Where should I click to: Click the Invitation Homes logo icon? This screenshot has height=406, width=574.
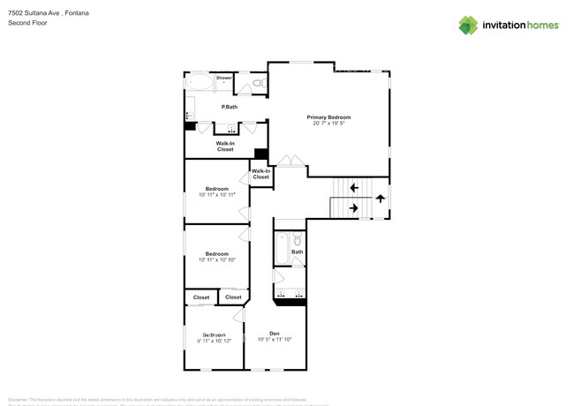[468, 25]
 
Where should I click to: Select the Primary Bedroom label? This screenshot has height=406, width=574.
[329, 117]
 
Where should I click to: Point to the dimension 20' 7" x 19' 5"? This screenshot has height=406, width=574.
[329, 124]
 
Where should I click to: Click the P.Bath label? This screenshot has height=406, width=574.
[229, 107]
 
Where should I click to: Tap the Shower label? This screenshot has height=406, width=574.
[224, 78]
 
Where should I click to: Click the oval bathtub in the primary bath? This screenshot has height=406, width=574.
[200, 83]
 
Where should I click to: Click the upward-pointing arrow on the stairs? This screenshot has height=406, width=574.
[381, 198]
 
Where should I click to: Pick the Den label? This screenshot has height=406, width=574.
[275, 333]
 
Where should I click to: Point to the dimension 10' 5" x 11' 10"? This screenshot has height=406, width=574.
[275, 339]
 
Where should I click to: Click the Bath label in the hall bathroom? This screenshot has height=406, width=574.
[298, 252]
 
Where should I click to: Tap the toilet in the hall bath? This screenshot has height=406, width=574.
[298, 239]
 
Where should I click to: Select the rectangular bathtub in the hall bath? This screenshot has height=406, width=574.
[280, 249]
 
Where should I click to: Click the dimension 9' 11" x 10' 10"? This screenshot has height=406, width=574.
[214, 340]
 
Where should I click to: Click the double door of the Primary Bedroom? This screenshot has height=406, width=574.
[287, 162]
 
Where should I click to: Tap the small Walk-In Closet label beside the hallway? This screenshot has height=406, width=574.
[261, 174]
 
